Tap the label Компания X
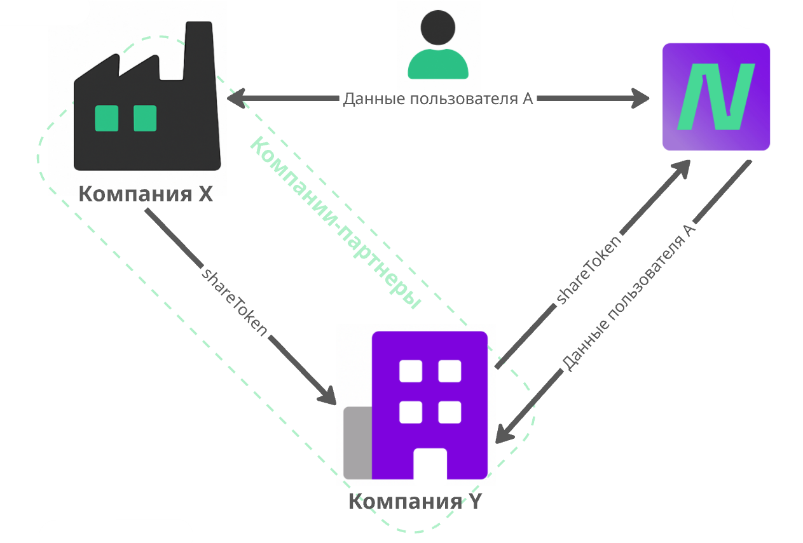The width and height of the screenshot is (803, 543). pyautogui.click(x=145, y=194)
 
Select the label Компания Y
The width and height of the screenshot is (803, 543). pyautogui.click(x=416, y=501)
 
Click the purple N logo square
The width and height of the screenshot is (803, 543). pyautogui.click(x=716, y=97)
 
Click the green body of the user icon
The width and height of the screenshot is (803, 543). pyautogui.click(x=438, y=64)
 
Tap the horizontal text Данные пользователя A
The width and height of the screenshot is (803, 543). pyautogui.click(x=437, y=98)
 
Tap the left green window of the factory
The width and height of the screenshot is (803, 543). pyautogui.click(x=106, y=118)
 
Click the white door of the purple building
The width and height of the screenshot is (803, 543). pyautogui.click(x=430, y=464)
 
